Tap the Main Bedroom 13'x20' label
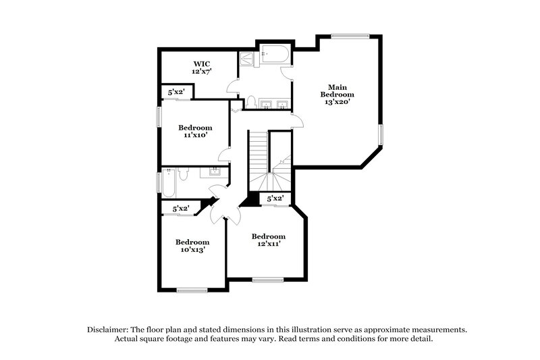click(x=341, y=94)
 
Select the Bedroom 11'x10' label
click(x=195, y=131)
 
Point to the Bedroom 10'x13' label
click(x=192, y=245)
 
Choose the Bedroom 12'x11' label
click(x=269, y=240)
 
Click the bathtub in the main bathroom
click(x=275, y=55)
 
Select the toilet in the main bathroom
click(x=251, y=103)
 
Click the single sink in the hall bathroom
click(x=215, y=171)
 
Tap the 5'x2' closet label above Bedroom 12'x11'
click(x=275, y=199)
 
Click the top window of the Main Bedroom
click(x=350, y=36)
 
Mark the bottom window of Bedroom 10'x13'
click(x=192, y=290)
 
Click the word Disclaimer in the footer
click(x=109, y=329)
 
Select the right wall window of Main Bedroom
click(x=380, y=134)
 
